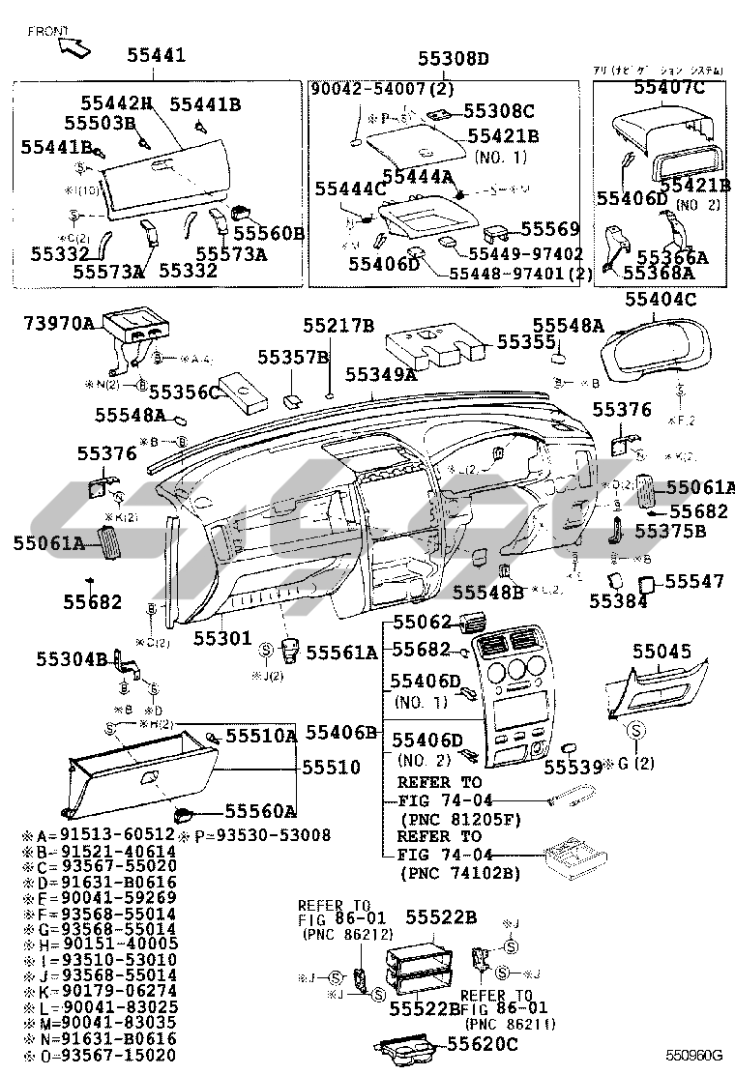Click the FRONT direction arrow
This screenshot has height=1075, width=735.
pyautogui.click(x=76, y=43)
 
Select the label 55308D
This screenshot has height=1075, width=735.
pyautogui.click(x=454, y=59)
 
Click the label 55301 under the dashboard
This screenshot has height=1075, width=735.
pyautogui.click(x=221, y=639)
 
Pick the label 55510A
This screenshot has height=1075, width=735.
pyautogui.click(x=261, y=736)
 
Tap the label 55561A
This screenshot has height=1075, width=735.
pyautogui.click(x=341, y=653)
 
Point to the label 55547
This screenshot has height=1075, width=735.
pyautogui.click(x=694, y=581)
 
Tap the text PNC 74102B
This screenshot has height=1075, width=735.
pyautogui.click(x=459, y=874)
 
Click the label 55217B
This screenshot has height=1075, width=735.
pyautogui.click(x=338, y=326)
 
